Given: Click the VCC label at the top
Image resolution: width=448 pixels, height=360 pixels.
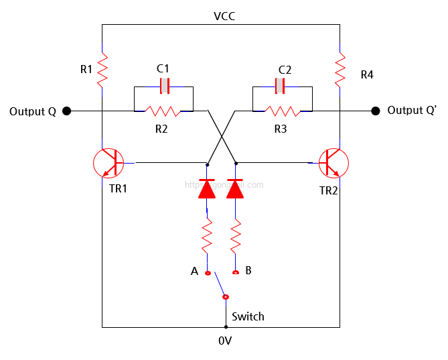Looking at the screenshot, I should coord(224,15).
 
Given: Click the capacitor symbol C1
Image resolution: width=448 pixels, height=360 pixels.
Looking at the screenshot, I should coord(163,86).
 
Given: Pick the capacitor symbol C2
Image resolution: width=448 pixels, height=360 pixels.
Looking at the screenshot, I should coord(282,86).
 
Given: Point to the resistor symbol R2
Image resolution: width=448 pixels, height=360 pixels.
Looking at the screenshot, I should coord(163,111).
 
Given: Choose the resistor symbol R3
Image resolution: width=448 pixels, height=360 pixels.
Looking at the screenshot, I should coord(282,111).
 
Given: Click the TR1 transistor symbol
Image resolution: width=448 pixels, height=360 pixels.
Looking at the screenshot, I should coord(108,162).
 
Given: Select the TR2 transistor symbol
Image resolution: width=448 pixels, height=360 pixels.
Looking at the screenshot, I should coord(333,162).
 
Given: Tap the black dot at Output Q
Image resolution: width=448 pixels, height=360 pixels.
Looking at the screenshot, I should coord(67,111).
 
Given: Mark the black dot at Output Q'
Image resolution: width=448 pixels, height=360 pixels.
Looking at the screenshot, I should coord(376,111).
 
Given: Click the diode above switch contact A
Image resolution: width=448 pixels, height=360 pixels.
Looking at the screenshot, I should coord(207,189).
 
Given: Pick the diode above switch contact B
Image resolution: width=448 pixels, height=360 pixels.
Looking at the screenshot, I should coord(235,189).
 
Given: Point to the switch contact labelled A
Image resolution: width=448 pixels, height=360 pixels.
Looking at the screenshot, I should coord(207,273).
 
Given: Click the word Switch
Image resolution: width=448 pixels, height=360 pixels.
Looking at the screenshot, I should coord(248,316).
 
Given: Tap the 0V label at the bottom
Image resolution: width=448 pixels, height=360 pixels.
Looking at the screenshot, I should coord(225,341).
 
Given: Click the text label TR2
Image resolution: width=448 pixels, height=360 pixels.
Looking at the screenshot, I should coord(328,190).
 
